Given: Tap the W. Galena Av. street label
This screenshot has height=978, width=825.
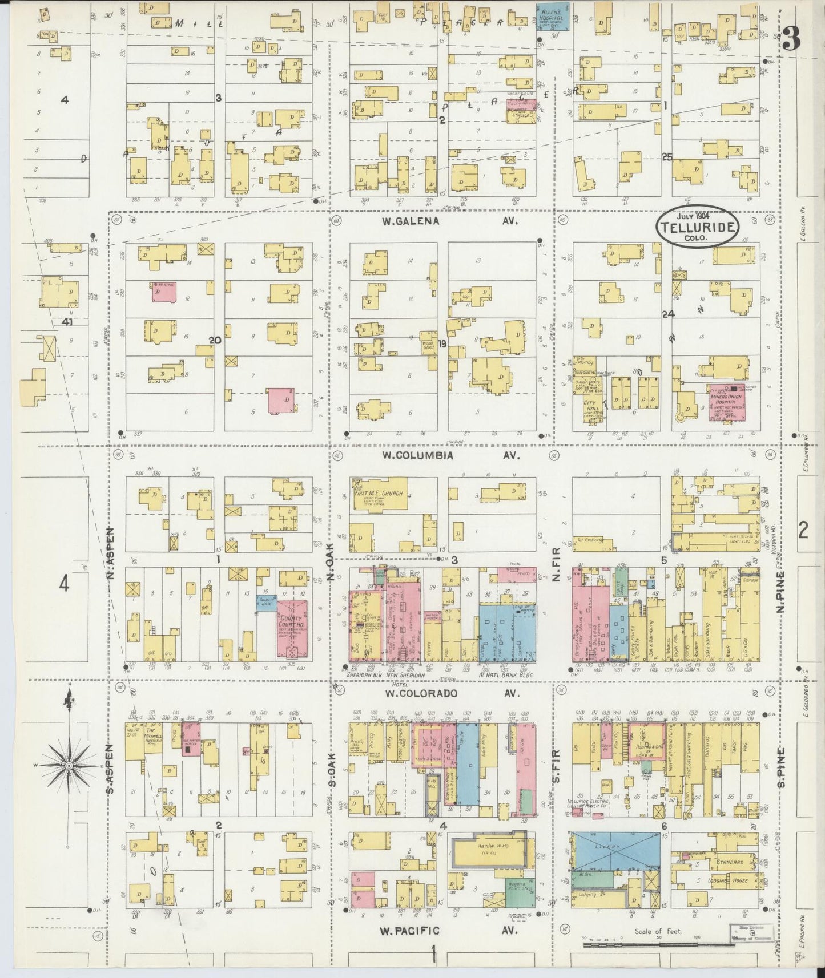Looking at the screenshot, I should (x=434, y=221).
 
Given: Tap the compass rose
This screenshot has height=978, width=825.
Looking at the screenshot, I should (x=68, y=765).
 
